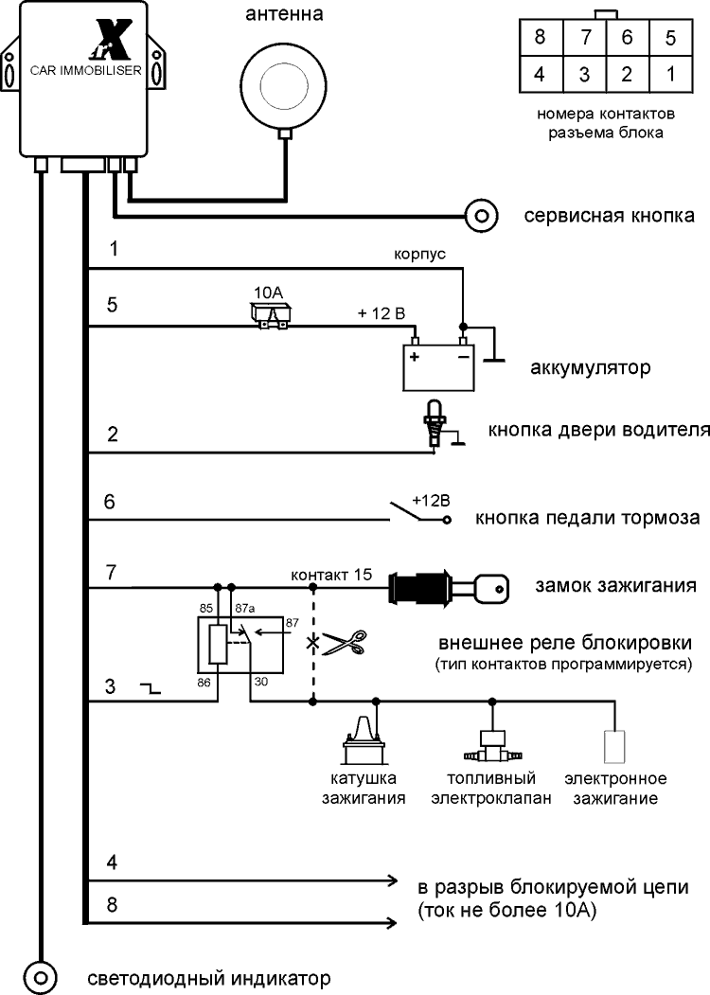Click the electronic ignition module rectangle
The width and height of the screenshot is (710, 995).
pos(615,745)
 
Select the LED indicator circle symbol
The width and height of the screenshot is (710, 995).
pos(41,975)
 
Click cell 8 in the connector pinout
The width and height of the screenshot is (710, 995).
pos(541,39)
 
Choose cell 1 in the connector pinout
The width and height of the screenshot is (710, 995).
pos(670,73)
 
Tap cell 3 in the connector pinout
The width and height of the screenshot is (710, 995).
pos(584,73)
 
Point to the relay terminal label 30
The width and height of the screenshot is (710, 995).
pos(261,681)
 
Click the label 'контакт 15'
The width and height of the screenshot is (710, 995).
pos(330,576)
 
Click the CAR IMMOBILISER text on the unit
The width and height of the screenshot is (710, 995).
pos(86,70)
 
